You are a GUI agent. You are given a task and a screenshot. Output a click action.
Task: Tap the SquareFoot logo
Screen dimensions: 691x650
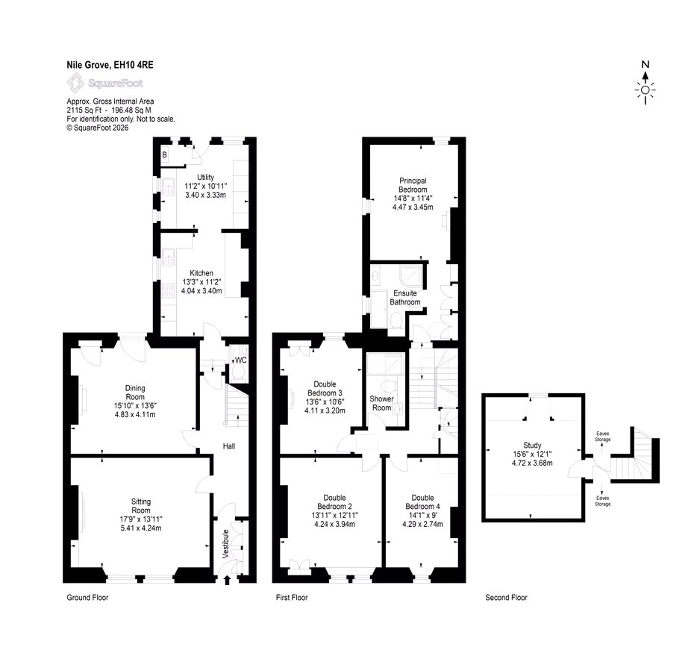click(105, 83)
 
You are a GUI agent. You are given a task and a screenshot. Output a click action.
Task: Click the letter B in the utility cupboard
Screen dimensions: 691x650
click(164, 154)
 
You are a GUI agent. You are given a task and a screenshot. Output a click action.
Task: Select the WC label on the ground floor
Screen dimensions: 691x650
click(240, 360)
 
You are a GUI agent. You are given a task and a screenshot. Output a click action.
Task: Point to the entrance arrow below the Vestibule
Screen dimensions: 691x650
click(228, 580)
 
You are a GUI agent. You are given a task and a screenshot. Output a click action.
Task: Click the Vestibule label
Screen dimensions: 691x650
click(225, 544)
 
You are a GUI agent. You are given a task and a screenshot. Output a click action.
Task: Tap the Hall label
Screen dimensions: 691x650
click(229, 446)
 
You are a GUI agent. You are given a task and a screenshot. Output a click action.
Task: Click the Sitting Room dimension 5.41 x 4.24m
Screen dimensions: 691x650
click(141, 528)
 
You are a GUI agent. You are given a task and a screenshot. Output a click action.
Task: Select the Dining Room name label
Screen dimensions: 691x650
click(135, 393)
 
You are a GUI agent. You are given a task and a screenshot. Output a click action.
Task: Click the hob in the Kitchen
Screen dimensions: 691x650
click(168, 291)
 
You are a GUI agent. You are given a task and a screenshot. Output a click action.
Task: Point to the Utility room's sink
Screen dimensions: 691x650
click(168, 187)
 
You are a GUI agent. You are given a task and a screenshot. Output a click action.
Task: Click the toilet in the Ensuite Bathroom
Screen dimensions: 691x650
click(395, 319)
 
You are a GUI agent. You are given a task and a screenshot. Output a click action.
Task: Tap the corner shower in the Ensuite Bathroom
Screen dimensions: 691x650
click(411, 276)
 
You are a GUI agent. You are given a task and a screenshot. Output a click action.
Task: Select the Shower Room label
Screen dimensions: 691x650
click(381, 403)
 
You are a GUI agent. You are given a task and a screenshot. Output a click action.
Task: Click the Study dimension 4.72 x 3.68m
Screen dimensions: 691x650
click(532, 463)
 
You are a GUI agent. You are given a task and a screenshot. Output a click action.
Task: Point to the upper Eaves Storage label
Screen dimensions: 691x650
click(602, 437)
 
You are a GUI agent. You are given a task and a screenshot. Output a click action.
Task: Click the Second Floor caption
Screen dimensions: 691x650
click(506, 597)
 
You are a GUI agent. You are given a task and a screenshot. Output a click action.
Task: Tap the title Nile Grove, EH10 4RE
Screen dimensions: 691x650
click(110, 65)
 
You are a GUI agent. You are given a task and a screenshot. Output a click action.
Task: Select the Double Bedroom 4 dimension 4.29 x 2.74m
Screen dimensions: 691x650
click(422, 524)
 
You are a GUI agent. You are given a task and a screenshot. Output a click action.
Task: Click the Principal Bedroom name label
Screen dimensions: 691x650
click(413, 184)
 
